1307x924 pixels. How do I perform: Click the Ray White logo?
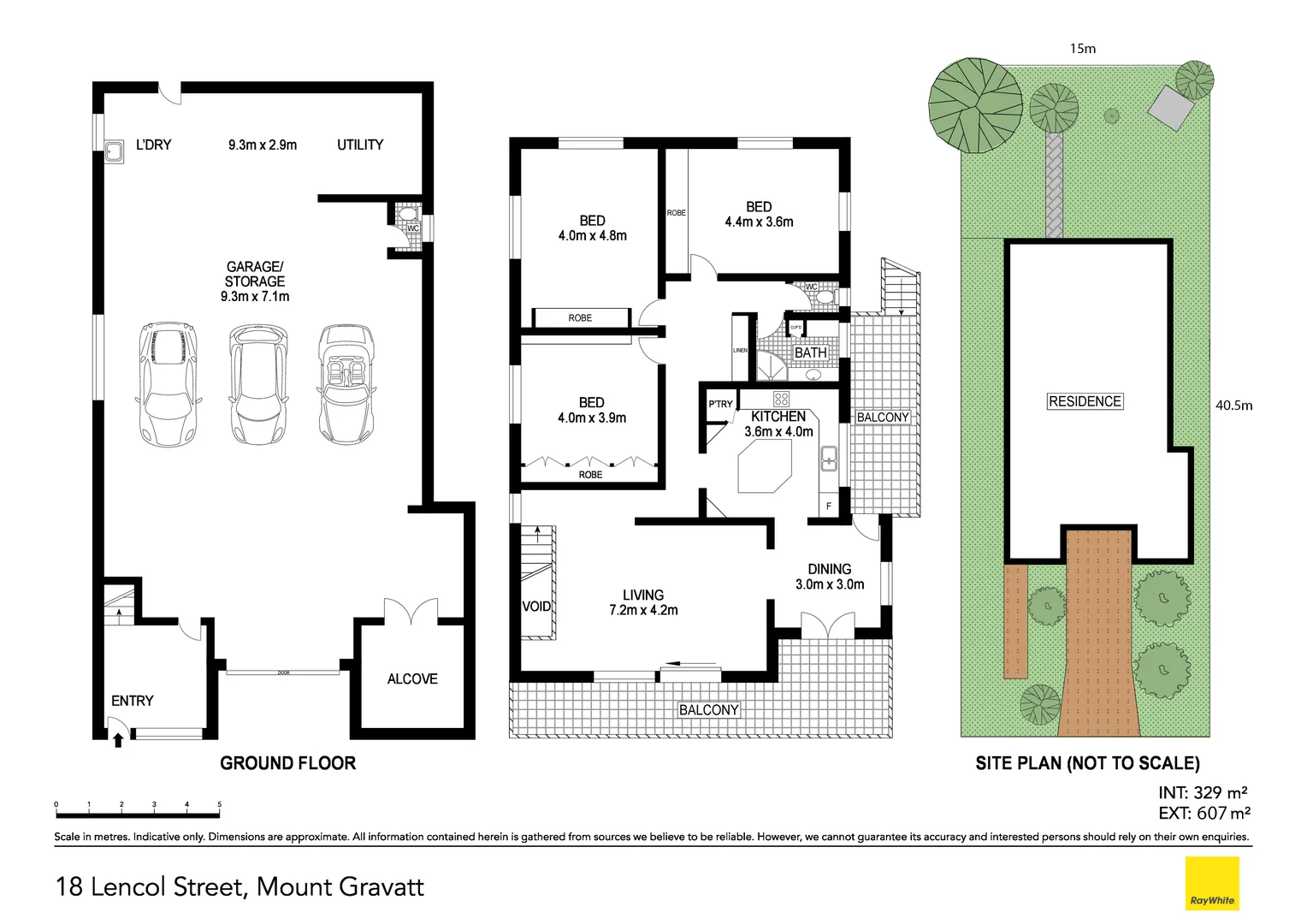(1211, 883)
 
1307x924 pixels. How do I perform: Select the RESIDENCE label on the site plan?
(1085, 401)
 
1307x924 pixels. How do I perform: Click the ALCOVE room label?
(411, 678)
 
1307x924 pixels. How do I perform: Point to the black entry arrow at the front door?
(118, 738)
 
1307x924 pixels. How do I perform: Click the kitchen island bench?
(764, 470)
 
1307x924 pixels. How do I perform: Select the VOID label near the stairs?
(536, 607)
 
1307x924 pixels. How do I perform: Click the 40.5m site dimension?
(1233, 406)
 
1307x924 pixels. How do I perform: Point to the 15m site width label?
(1082, 49)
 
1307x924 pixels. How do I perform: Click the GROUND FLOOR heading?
(287, 763)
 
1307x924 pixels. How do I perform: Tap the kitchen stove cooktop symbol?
(781, 398)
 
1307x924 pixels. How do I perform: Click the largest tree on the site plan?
(975, 102)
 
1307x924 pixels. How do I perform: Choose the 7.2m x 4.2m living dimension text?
(643, 610)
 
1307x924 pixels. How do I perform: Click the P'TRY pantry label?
(720, 405)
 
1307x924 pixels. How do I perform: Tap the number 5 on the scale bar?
(220, 804)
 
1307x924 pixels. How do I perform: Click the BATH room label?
(810, 352)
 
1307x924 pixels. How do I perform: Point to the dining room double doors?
(827, 625)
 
